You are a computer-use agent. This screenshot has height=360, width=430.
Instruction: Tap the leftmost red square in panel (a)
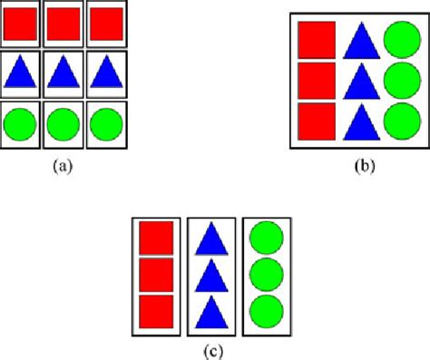coord(19,24)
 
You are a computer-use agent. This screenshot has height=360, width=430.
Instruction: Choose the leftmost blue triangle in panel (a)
coord(19,73)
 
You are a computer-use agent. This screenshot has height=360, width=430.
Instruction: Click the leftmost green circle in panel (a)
coord(19,122)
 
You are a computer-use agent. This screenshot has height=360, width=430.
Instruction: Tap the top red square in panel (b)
coord(317,39)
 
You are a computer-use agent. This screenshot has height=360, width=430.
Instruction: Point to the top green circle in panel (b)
coord(401,39)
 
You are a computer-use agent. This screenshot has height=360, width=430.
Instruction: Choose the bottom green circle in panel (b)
coord(401,121)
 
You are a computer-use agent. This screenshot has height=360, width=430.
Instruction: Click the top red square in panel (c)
coord(155,238)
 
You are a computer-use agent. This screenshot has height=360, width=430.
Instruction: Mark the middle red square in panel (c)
coord(155,275)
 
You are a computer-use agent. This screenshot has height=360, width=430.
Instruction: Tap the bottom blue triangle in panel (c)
coord(211,311)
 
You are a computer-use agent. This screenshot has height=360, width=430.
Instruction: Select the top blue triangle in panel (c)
coord(211,239)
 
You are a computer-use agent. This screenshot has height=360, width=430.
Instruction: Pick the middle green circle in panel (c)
coord(266,274)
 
